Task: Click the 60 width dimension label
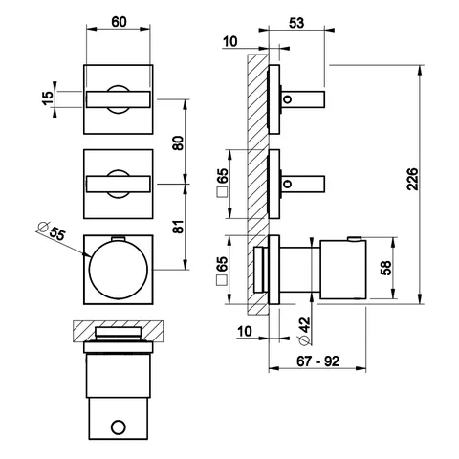click(x=119, y=22)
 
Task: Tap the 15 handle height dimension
click(x=48, y=98)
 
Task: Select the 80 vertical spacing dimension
click(x=178, y=143)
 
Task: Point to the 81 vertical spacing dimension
click(x=179, y=227)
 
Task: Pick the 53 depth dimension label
click(x=296, y=23)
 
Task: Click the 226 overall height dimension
click(x=412, y=179)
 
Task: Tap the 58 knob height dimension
click(x=385, y=268)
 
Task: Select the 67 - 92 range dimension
click(x=317, y=361)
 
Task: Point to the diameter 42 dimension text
click(x=305, y=332)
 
